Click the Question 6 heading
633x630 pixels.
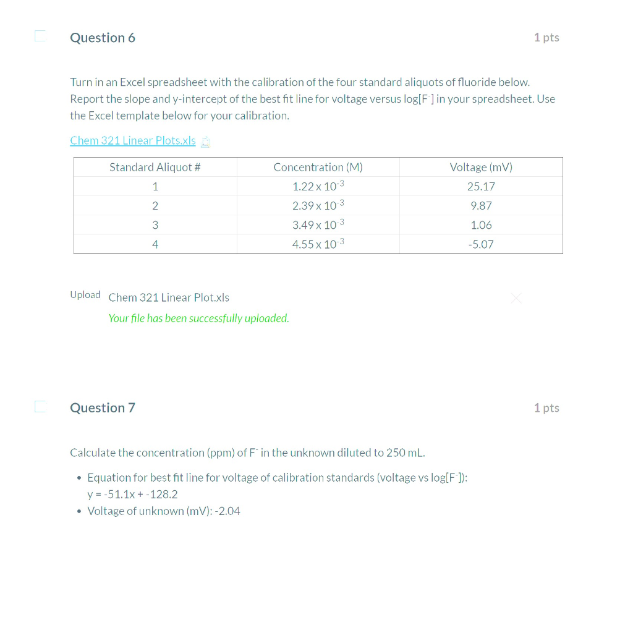pyautogui.click(x=103, y=38)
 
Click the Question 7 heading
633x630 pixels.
pyautogui.click(x=103, y=408)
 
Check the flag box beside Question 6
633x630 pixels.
pyautogui.click(x=40, y=36)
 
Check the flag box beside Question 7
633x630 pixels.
pyautogui.click(x=40, y=406)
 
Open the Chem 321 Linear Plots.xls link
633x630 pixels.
pyautogui.click(x=133, y=140)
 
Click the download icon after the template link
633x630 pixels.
pyautogui.click(x=206, y=142)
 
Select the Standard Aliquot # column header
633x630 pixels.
pyautogui.click(x=155, y=168)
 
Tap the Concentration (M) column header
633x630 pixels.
pyautogui.click(x=318, y=168)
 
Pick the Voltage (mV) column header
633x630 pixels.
pyautogui.click(x=481, y=168)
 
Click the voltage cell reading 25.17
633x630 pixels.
pyautogui.click(x=481, y=187)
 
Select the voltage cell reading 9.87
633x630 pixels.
pyautogui.click(x=481, y=206)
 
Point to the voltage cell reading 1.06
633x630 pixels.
pyautogui.click(x=481, y=225)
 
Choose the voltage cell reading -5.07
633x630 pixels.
pyautogui.click(x=481, y=244)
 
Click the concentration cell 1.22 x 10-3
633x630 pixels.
pyautogui.click(x=318, y=187)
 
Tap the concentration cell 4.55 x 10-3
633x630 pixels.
pyautogui.click(x=318, y=244)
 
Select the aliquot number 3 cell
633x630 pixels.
pyautogui.click(x=155, y=225)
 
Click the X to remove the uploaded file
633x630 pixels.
pyautogui.click(x=517, y=299)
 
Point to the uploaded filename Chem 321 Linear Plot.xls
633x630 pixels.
pyautogui.click(x=169, y=298)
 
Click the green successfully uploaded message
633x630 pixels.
pyautogui.click(x=198, y=318)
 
